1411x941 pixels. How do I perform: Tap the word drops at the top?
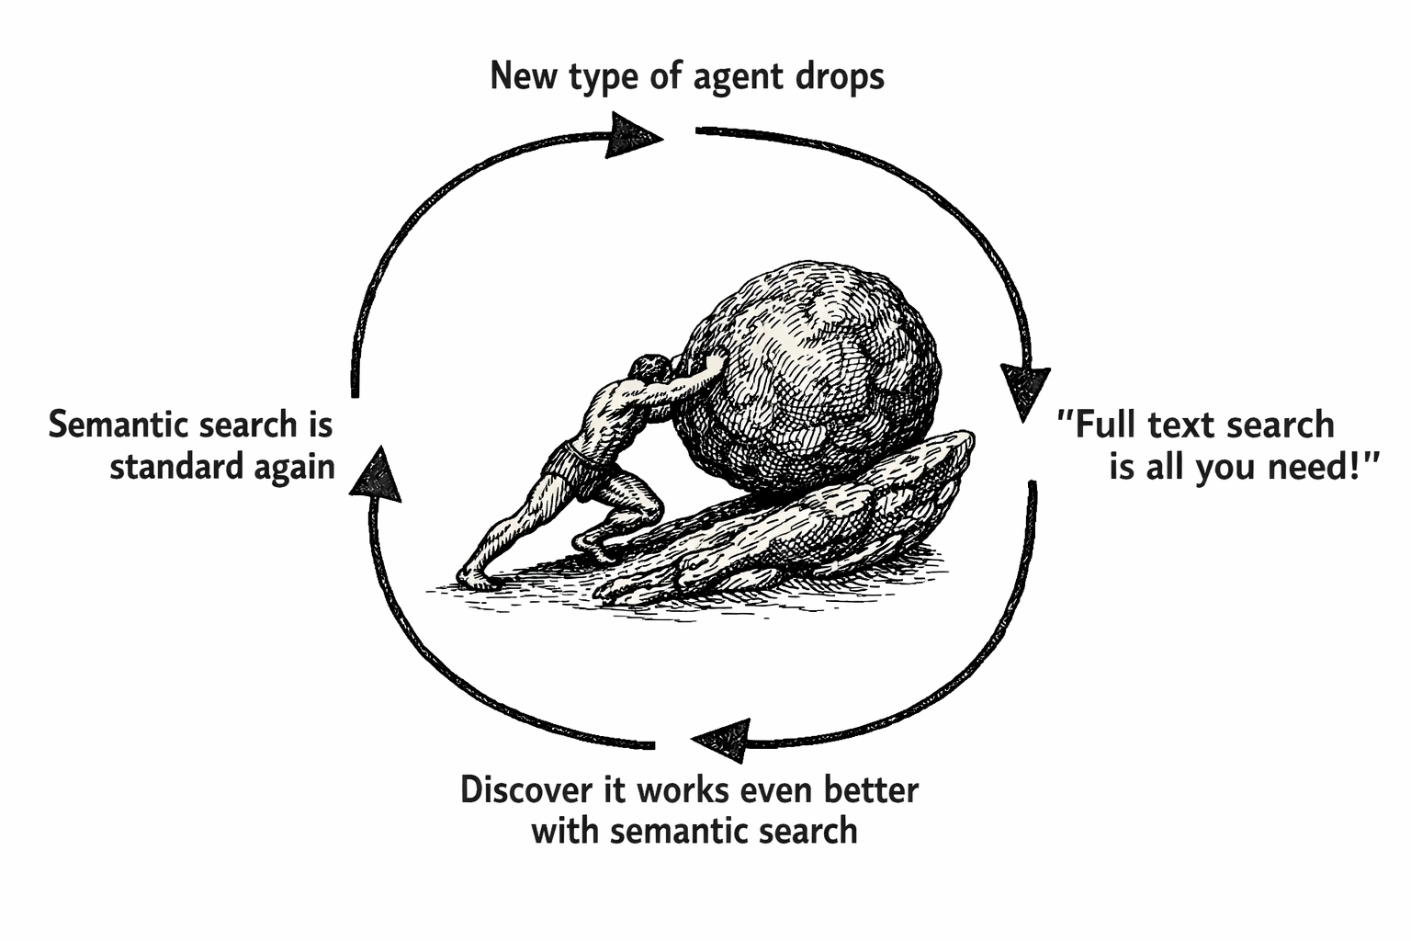coord(838,76)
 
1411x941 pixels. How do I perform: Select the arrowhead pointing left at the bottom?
coord(722,740)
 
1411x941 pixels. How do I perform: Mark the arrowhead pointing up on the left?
coord(376,473)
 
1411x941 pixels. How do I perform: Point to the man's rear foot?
coord(474,576)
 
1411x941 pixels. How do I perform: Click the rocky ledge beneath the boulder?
coord(808,533)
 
